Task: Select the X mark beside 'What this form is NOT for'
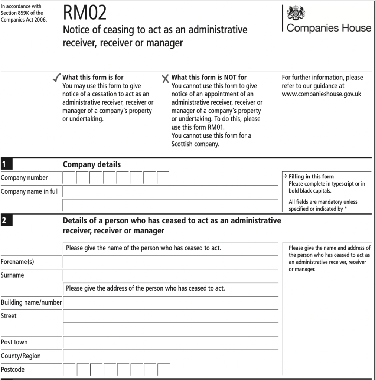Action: [166, 79]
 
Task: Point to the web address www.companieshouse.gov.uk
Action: [321, 94]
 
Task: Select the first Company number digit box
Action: [69, 178]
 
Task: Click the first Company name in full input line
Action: [170, 192]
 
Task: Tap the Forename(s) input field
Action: [170, 262]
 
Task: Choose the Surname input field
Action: [170, 275]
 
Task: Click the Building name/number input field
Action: [170, 302]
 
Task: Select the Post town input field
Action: [170, 342]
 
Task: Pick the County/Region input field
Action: [170, 356]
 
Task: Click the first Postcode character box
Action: [70, 370]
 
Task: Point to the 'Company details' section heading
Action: [92, 164]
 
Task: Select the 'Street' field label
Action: [9, 316]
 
